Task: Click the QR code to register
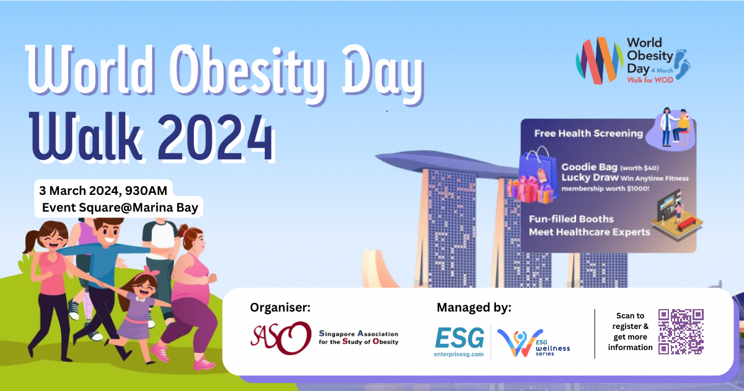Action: click(681, 332)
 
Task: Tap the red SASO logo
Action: click(281, 338)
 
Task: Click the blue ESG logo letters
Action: click(459, 338)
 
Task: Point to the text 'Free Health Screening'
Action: click(588, 133)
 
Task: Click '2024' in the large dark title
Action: click(216, 138)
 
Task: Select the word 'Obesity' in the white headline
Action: click(246, 71)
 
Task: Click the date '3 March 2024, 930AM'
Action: click(103, 191)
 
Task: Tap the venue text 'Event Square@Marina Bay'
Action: click(120, 207)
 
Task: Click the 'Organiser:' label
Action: click(280, 308)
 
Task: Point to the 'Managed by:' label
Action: click(474, 308)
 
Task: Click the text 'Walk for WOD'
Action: click(650, 80)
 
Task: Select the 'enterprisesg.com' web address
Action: click(459, 354)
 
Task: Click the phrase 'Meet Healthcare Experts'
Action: click(589, 232)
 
